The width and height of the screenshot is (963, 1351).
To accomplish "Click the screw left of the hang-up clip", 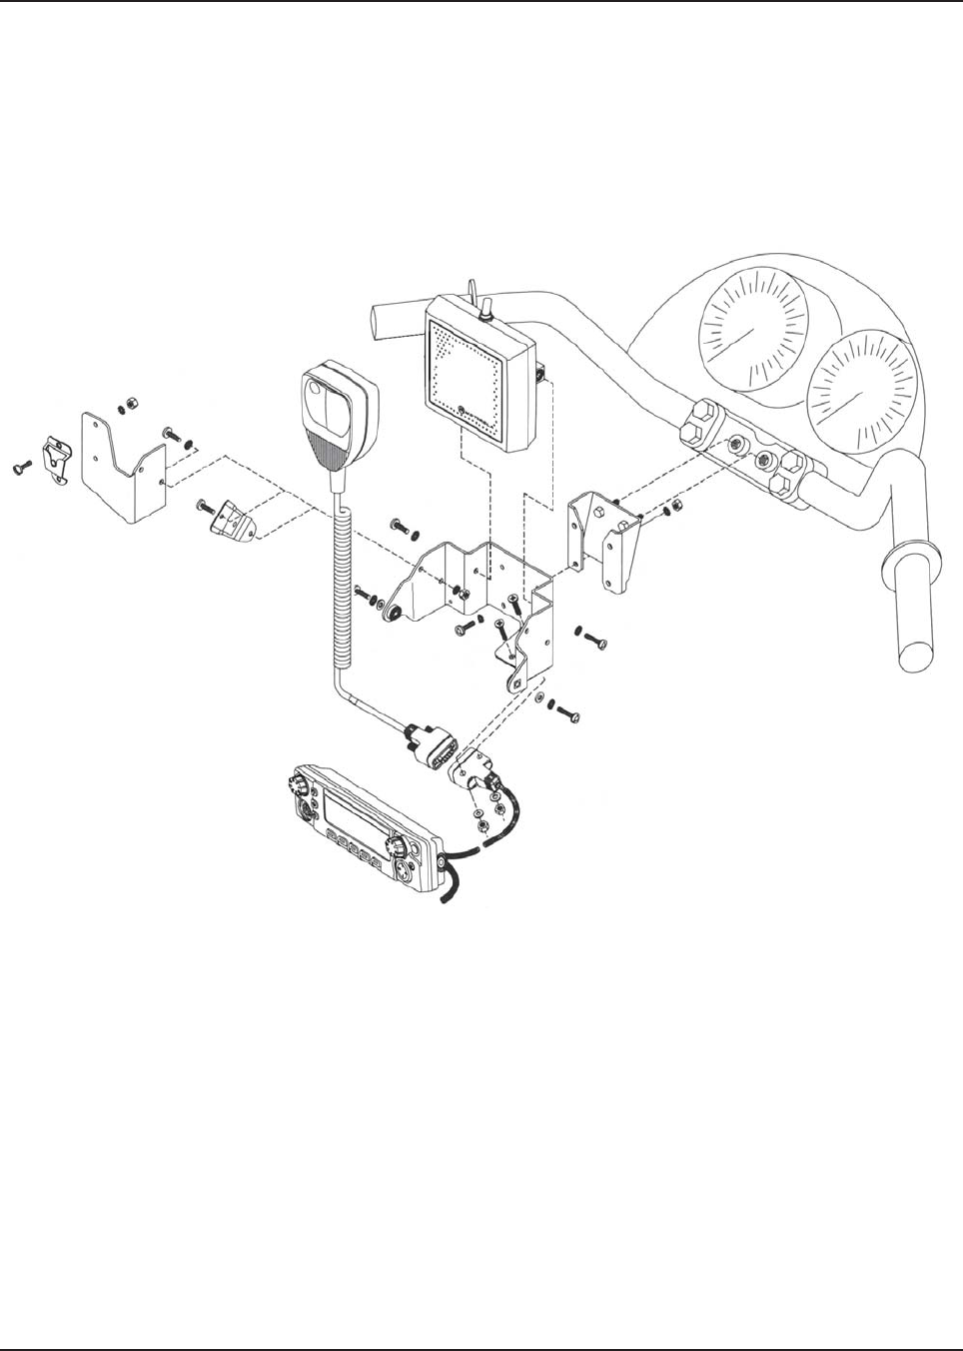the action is pyautogui.click(x=21, y=467).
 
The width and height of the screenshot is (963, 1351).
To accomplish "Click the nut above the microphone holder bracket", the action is pyautogui.click(x=128, y=405).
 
